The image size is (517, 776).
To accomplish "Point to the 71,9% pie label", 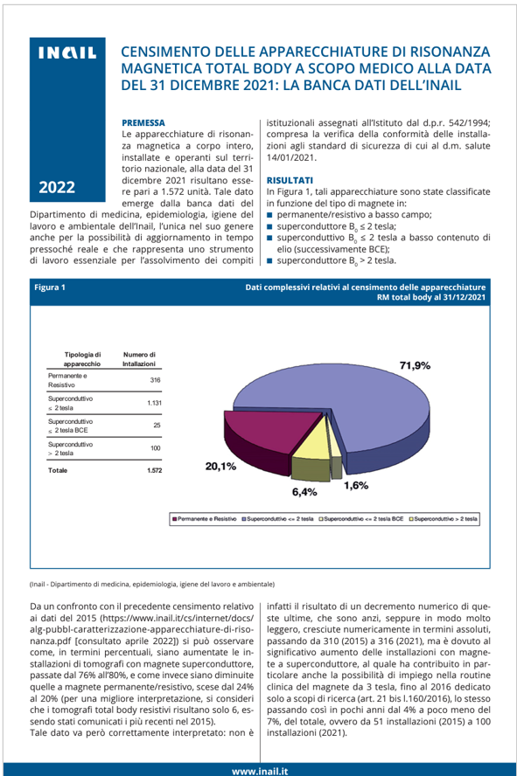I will point(415,366).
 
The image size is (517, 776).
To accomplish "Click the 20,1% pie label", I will point(220,466).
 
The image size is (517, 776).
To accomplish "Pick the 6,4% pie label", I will point(304,492).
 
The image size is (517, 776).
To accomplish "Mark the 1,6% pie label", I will point(356,485).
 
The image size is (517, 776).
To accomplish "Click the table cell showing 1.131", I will point(154,403).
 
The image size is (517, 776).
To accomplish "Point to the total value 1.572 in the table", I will point(154,470).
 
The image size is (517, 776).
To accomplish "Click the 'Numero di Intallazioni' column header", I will point(138,357).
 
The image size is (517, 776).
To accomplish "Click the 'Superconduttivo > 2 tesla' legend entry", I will point(445,519).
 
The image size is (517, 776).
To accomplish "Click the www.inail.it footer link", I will point(261,770).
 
